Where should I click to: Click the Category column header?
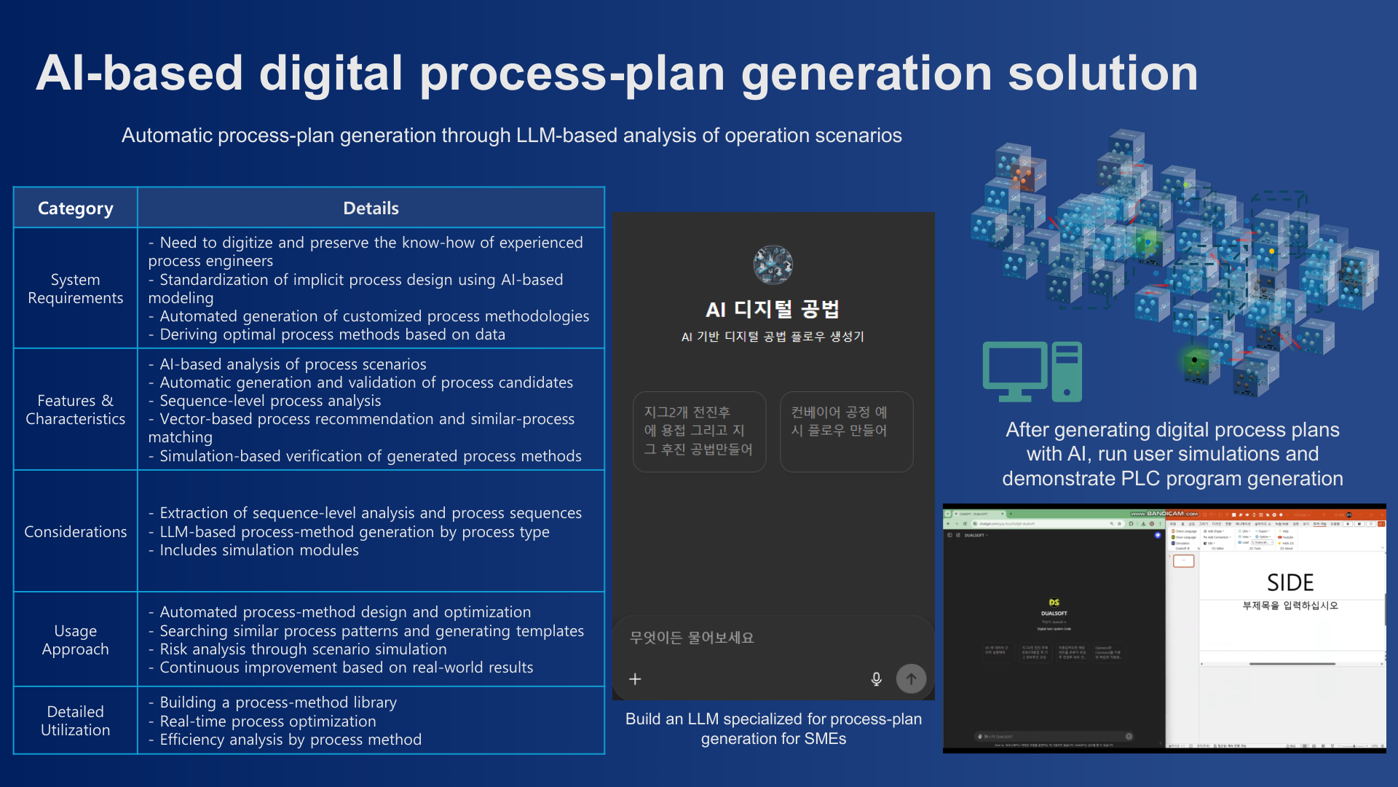75,208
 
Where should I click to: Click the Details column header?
371,208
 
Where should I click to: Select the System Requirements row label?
75,289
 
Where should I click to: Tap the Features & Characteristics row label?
75,410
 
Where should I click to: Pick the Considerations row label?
75,532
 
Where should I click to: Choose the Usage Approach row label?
75,640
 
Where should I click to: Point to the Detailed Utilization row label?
75,721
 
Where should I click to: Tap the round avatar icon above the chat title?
773,265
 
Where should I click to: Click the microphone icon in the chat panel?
876,679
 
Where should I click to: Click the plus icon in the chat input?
635,679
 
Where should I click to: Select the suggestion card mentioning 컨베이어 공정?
846,431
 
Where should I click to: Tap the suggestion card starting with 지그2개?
699,431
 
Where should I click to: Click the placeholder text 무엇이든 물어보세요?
692,638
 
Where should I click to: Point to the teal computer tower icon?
1067,372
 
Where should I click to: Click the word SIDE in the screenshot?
1290,582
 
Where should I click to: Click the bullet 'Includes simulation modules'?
258,550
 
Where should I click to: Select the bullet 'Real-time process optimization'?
267,721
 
